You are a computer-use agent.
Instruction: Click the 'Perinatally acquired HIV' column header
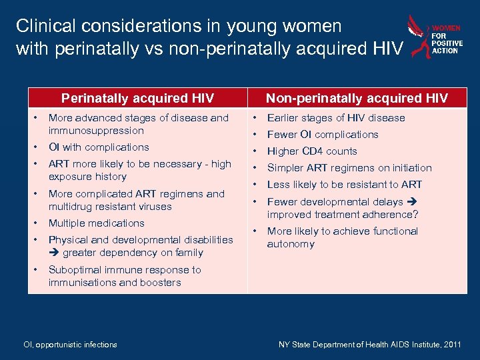137,99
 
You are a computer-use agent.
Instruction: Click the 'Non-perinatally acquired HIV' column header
357,99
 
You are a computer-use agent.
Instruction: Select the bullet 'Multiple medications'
96,223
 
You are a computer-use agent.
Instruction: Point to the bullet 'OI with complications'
99,147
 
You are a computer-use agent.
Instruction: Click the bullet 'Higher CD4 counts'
312,151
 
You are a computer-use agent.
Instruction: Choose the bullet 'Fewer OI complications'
323,135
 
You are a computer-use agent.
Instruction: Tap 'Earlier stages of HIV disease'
336,118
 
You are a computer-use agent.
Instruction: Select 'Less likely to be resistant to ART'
345,185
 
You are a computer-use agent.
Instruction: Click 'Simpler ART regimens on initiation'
349,168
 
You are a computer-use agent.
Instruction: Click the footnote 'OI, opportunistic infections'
70,345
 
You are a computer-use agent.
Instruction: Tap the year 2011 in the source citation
451,345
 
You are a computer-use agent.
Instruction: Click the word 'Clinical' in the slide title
42,27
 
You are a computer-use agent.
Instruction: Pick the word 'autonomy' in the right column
291,244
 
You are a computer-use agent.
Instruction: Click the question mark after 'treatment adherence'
415,215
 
